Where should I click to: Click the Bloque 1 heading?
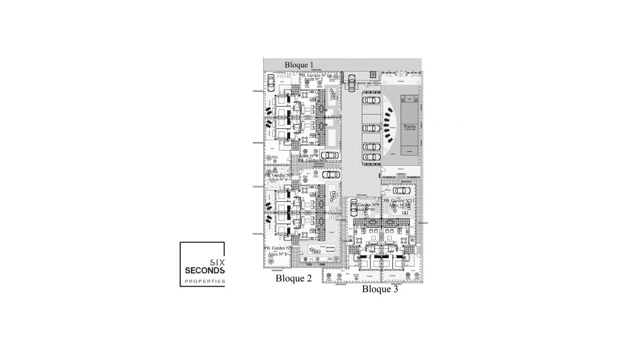pos(299,65)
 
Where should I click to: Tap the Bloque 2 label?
pos(293,278)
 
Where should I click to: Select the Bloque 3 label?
pos(380,289)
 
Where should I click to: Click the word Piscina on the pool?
pos(410,126)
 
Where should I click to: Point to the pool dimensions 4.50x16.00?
pos(410,129)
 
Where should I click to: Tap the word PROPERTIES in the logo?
pos(205,281)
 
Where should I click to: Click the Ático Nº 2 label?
pos(313,80)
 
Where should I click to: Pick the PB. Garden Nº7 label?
pos(279,248)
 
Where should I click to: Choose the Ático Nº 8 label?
pos(277,254)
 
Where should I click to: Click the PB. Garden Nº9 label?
pos(365,205)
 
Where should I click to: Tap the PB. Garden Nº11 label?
pos(399,201)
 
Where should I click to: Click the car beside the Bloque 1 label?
pos(271,80)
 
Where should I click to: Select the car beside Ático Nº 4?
pos(329,155)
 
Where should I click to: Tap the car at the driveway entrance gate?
pos(352,82)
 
